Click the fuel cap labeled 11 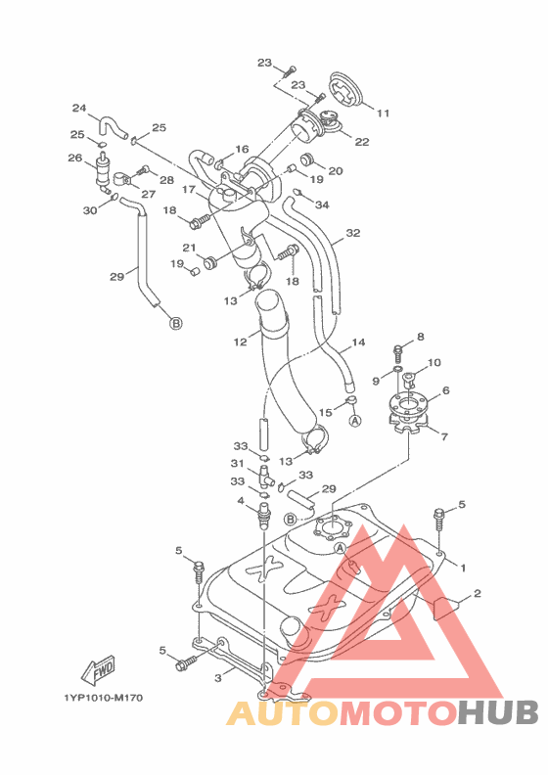[346, 92]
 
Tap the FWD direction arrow [98, 670]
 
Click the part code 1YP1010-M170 [104, 698]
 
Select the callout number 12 [240, 342]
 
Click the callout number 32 [353, 233]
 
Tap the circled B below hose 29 [176, 323]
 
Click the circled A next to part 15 [355, 421]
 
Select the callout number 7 [444, 436]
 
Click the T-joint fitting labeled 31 [265, 474]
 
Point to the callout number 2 [477, 593]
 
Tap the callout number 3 [218, 678]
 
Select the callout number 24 [79, 108]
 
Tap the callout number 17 [189, 189]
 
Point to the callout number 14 [358, 342]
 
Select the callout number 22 [362, 141]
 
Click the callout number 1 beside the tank [463, 568]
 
